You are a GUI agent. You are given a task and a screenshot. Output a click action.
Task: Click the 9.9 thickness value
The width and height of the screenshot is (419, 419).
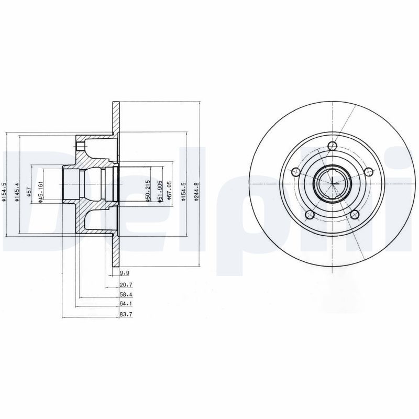tap(124, 273)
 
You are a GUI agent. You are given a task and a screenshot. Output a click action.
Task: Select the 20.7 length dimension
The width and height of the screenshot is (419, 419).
tap(125, 284)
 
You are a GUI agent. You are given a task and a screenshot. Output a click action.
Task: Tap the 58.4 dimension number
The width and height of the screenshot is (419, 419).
tap(125, 295)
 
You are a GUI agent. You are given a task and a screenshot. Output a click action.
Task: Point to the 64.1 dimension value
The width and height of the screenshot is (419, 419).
tap(125, 303)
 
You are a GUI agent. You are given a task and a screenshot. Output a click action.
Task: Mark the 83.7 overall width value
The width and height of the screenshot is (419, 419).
tap(125, 315)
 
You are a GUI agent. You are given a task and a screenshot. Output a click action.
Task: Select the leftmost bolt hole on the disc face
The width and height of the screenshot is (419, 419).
tap(295, 172)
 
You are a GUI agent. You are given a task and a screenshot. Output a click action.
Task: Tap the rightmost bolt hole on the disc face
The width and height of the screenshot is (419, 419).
tap(368, 171)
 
